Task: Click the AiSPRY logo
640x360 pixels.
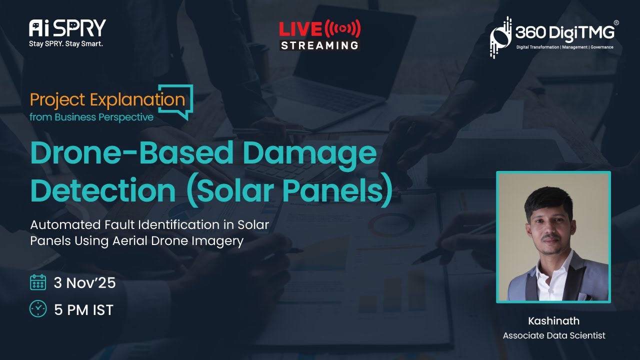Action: (67, 28)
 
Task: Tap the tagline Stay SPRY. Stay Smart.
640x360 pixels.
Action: (66, 44)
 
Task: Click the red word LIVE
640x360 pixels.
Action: (300, 29)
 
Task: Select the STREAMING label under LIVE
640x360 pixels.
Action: (319, 45)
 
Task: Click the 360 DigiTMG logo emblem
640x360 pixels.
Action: (500, 37)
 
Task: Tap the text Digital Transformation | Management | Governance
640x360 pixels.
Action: (564, 47)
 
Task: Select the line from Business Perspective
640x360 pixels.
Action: (91, 117)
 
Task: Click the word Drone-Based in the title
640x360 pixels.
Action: (132, 153)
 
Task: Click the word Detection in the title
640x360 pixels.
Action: (103, 189)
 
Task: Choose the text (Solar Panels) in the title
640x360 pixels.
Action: (289, 191)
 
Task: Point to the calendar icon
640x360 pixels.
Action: (38, 282)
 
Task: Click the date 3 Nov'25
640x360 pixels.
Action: (85, 283)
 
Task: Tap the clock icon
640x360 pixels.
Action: (38, 309)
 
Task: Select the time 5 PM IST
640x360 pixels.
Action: (84, 309)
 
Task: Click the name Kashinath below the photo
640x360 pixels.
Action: (553, 321)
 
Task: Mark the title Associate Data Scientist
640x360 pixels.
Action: (554, 335)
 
